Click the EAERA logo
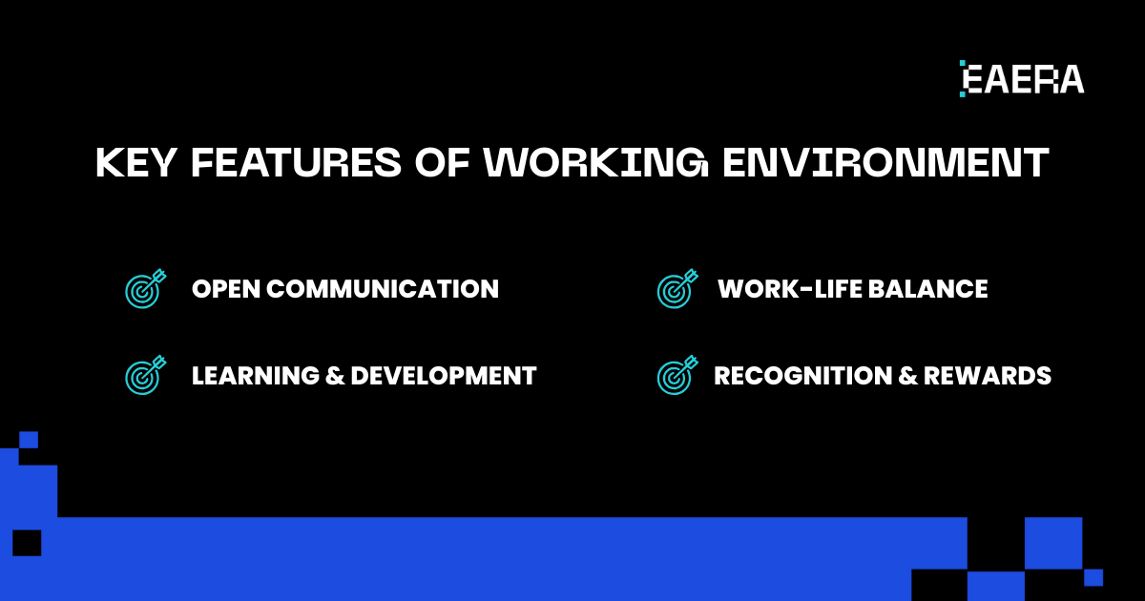tap(1022, 78)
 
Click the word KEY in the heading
tap(136, 162)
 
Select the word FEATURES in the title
tap(297, 162)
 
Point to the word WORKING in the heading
tap(596, 162)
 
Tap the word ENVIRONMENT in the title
tap(885, 162)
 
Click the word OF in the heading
tap(442, 162)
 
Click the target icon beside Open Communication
tap(146, 289)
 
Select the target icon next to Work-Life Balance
tap(677, 289)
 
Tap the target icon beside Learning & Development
tap(146, 375)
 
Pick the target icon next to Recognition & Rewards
tap(677, 375)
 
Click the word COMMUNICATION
tap(383, 289)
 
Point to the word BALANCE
tap(927, 289)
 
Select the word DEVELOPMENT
tap(444, 376)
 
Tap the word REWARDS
tap(988, 376)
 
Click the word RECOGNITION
tap(803, 376)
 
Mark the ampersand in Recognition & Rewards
tap(907, 376)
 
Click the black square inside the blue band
tap(27, 543)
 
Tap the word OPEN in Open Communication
tap(226, 289)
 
